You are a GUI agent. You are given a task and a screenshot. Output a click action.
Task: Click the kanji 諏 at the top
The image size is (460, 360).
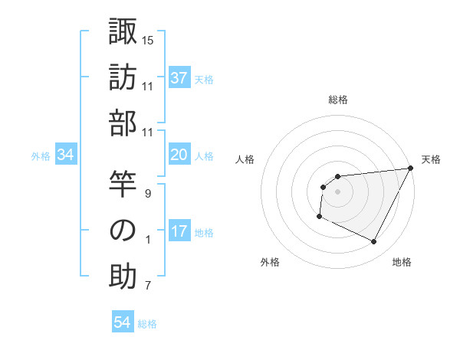pos(123,31)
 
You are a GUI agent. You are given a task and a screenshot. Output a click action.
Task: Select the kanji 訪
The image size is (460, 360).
pos(123,79)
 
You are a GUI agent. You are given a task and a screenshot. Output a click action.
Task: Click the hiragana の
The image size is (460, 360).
pos(123,230)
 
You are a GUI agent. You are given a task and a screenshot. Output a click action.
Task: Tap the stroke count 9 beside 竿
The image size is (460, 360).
pos(148,193)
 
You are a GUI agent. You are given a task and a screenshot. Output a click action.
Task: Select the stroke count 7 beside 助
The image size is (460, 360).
pos(148,286)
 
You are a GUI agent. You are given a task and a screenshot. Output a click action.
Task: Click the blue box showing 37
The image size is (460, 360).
pos(179,78)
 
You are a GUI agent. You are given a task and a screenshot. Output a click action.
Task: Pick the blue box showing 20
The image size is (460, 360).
pos(179,155)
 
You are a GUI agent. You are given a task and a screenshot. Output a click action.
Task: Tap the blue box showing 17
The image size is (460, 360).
pos(179,232)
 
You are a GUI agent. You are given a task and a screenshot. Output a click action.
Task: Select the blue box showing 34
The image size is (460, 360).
pos(66,155)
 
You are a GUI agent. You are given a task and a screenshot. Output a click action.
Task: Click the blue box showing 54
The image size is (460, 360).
pos(123,323)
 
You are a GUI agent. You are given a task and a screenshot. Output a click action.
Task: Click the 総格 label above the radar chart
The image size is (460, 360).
pos(337,100)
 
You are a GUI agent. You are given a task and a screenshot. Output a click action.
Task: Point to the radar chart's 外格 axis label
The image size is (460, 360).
pos(270,262)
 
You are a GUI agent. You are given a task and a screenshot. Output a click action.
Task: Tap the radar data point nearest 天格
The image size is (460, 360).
pos(412,169)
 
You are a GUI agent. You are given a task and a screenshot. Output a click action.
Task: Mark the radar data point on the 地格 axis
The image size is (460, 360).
pos(373,242)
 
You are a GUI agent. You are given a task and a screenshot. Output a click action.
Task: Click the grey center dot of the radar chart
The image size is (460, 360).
pos(337,191)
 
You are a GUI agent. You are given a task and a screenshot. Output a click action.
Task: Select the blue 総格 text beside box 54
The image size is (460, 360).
pos(147,324)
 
